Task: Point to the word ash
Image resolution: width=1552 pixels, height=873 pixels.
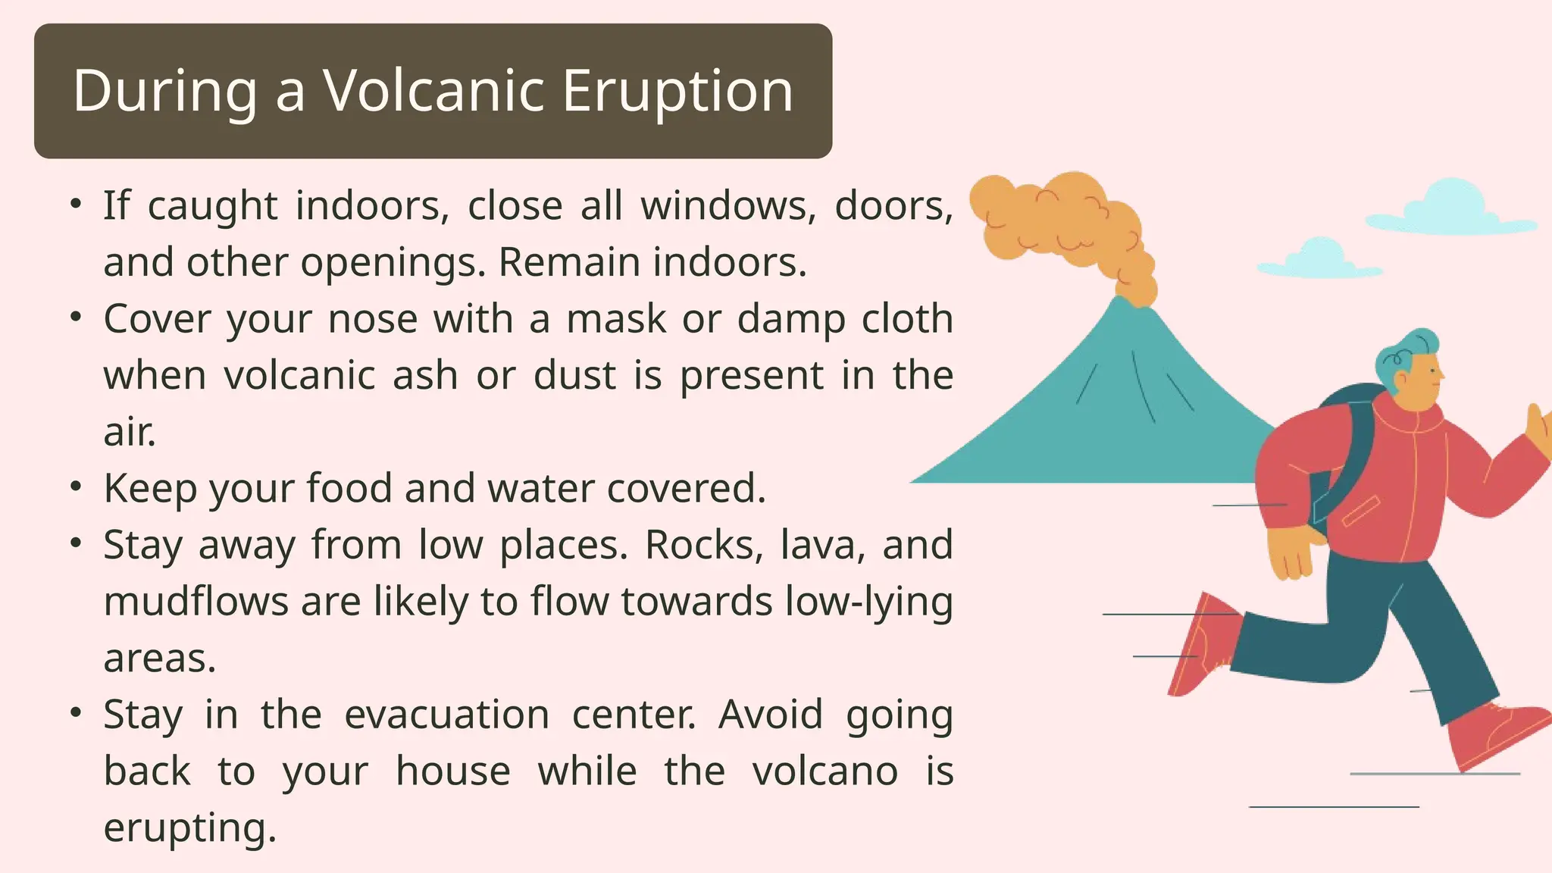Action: pyautogui.click(x=425, y=375)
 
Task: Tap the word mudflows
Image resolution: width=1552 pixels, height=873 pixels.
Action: pyautogui.click(x=196, y=602)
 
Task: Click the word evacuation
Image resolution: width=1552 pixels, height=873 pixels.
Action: pyautogui.click(x=447, y=715)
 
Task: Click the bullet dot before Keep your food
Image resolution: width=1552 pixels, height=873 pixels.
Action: pyautogui.click(x=75, y=487)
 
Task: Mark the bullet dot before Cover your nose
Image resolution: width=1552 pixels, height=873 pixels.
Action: pyautogui.click(x=75, y=318)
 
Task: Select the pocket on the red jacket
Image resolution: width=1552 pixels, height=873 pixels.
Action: pyautogui.click(x=1361, y=510)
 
